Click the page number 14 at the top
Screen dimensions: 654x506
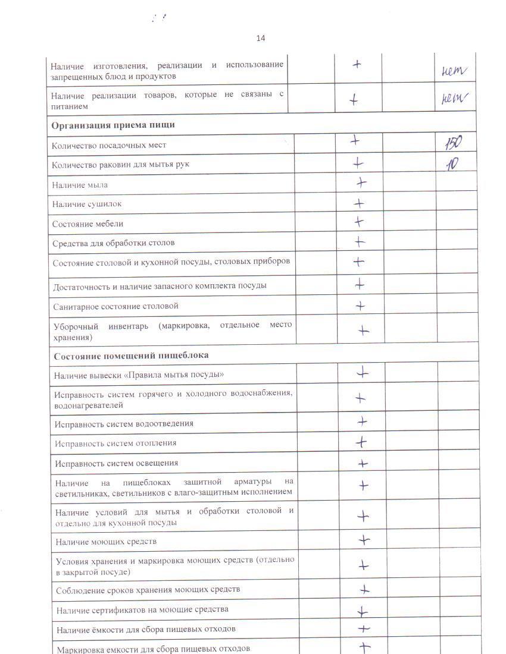coord(261,38)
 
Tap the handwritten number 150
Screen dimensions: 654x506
coord(452,143)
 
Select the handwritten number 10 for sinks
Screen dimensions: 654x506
coord(453,164)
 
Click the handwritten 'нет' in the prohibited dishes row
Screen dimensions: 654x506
coord(454,71)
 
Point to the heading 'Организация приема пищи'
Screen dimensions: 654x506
coord(113,125)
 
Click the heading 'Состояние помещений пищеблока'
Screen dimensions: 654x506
coord(131,355)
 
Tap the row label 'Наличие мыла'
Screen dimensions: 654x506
coord(80,185)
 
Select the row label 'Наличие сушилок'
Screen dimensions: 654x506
coord(87,204)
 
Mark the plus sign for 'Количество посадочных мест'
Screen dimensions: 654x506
coord(355,141)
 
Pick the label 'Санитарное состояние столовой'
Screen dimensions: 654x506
coord(116,306)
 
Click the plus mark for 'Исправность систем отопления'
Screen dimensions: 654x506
coord(361,442)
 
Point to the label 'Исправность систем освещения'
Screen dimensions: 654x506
coord(117,463)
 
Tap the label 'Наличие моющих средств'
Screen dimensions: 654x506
coord(106,542)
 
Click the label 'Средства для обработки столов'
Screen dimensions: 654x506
coord(114,243)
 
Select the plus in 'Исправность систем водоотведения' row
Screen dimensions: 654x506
coord(361,422)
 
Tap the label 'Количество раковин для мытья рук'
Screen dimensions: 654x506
coord(121,164)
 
